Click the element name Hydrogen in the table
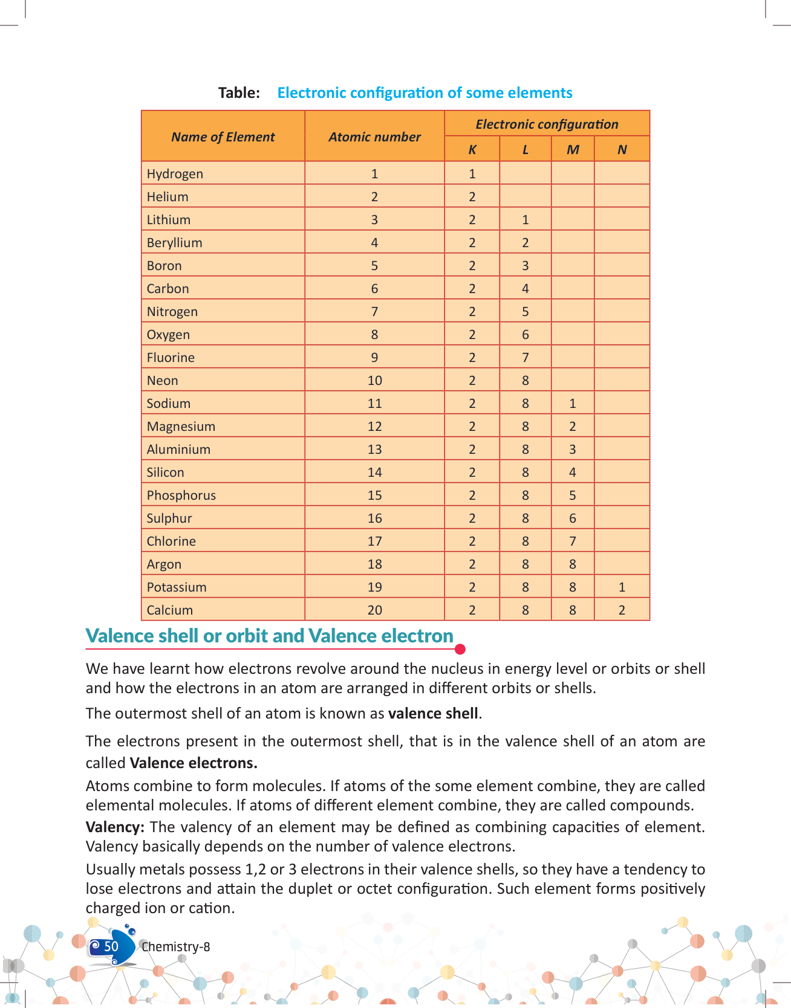coord(175,174)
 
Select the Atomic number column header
coord(374,137)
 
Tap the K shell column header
coord(472,150)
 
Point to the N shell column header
coord(622,150)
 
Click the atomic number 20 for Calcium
coord(374,610)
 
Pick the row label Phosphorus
coord(181,496)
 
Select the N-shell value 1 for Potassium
coord(622,587)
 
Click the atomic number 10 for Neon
coord(374,381)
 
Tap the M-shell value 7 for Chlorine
coord(572,541)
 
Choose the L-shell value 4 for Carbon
coord(525,289)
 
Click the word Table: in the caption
coord(239,93)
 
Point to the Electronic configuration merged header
coord(547,124)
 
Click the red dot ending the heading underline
coord(460,650)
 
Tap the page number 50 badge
coord(111,947)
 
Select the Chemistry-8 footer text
coord(176,947)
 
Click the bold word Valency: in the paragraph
coord(115,827)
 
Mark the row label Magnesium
coord(181,427)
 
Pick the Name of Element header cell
coord(223,137)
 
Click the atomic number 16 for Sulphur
coord(374,519)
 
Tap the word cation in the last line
coord(213,908)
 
